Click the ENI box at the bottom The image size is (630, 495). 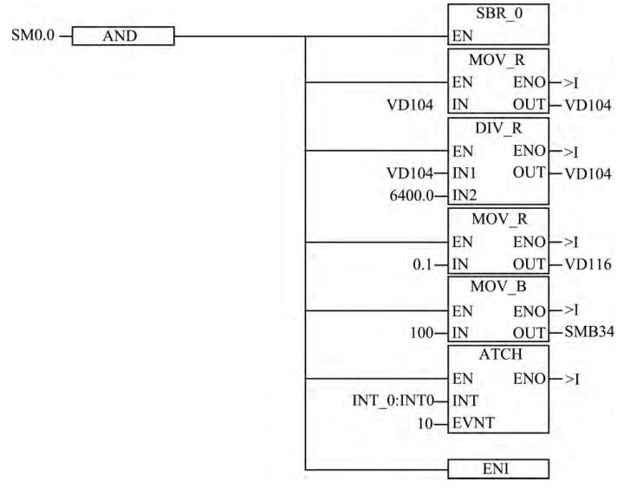[x=498, y=469]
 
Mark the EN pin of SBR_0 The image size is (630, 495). [x=460, y=37]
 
